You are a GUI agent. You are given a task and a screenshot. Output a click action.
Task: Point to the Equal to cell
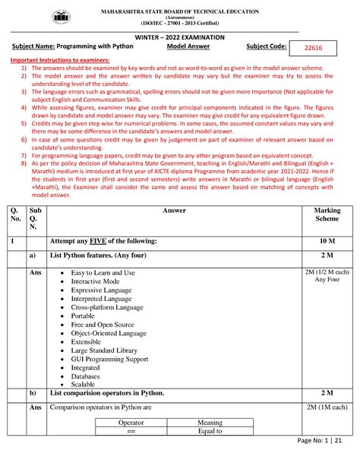tap(210, 431)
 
